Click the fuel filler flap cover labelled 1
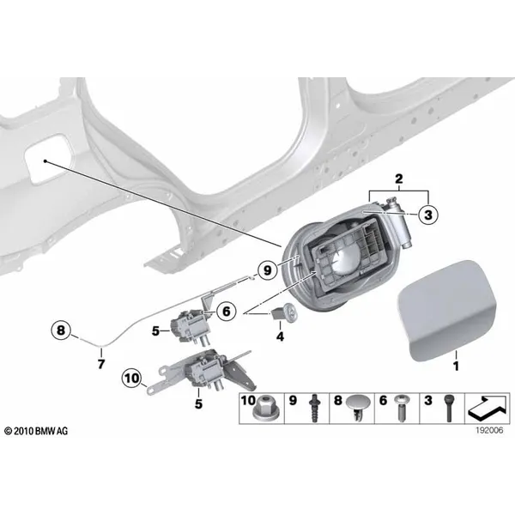[x=447, y=311]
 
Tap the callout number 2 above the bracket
[x=398, y=179]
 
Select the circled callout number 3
[x=428, y=215]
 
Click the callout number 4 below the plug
[x=280, y=336]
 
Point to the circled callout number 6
[x=227, y=311]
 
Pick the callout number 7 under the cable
[x=101, y=364]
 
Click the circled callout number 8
[x=61, y=330]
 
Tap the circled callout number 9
[x=268, y=270]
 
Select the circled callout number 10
[x=132, y=379]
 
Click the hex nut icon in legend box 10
[x=264, y=409]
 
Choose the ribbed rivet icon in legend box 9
[x=314, y=409]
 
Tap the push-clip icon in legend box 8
[x=358, y=408]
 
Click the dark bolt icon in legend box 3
[x=449, y=409]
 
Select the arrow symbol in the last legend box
[x=488, y=409]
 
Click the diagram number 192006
[x=489, y=430]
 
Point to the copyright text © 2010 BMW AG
[x=36, y=431]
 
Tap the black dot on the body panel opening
[x=45, y=161]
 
